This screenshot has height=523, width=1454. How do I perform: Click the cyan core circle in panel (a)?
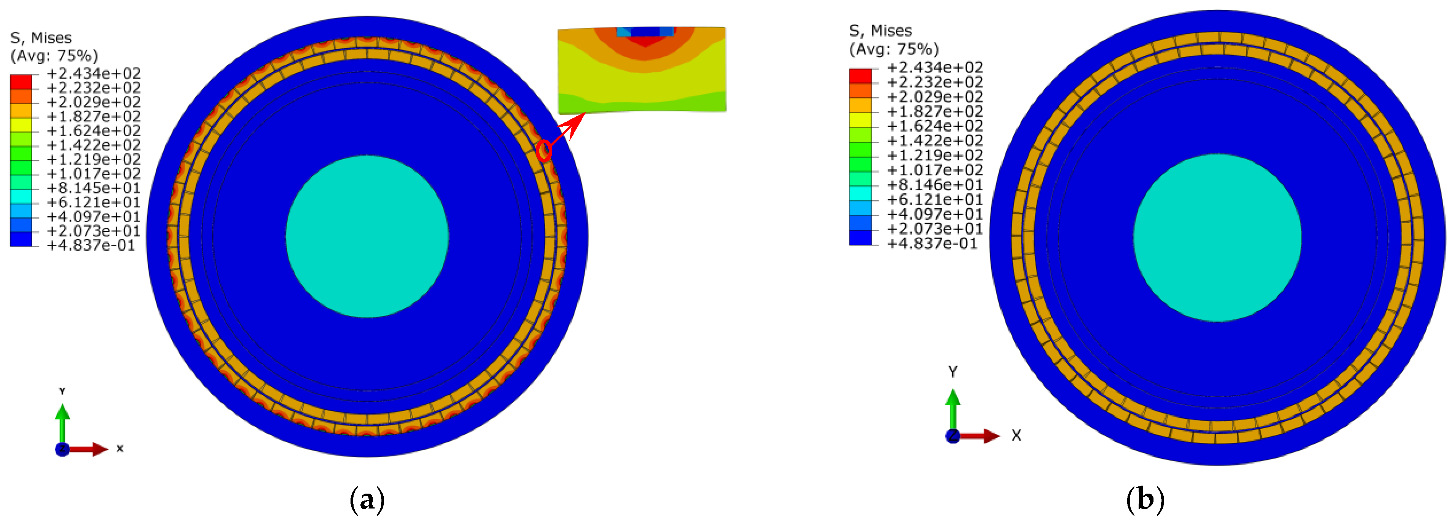pos(367,237)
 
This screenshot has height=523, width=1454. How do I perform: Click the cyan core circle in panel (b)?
pos(1218,238)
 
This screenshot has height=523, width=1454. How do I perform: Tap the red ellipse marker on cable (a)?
pos(544,151)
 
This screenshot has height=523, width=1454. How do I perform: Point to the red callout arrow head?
pos(576,124)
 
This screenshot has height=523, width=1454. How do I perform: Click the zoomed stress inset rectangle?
pos(642,70)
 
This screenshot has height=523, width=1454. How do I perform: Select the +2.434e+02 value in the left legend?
pos(94,73)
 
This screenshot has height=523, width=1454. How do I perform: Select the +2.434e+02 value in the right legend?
pos(935,67)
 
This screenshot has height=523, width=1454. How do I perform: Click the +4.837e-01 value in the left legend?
pos(91,245)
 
